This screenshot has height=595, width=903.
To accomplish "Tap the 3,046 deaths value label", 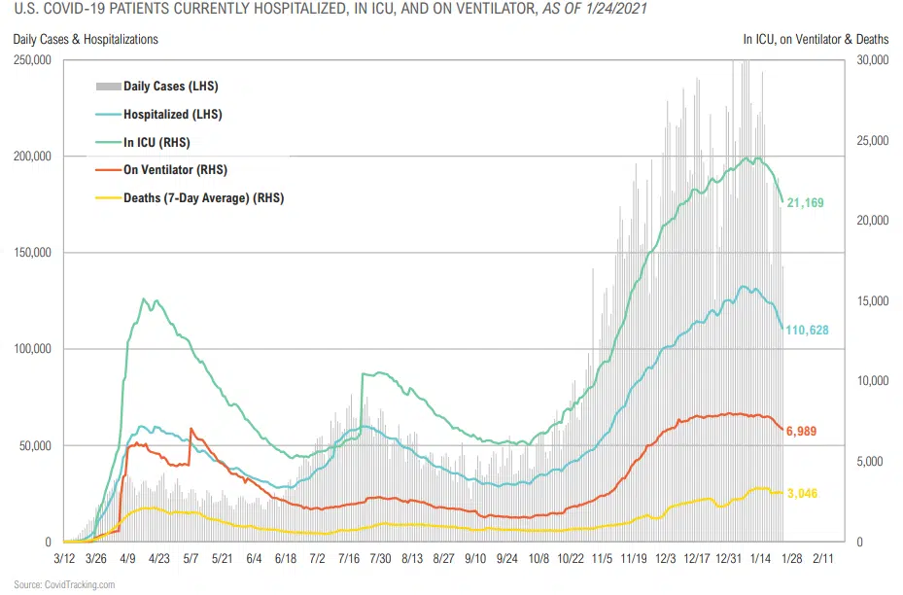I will coord(802,494).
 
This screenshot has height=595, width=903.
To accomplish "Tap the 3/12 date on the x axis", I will coord(64,559).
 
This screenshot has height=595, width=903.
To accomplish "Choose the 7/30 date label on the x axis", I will coord(380,559).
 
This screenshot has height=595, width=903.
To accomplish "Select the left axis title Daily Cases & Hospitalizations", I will coord(86,40).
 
